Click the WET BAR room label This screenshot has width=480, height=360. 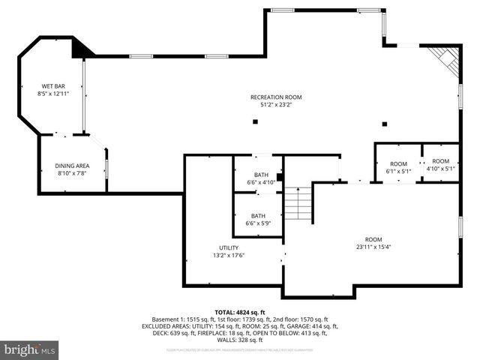click(52, 86)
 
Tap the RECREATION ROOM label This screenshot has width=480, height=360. click(276, 97)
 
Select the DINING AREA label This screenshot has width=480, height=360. click(72, 166)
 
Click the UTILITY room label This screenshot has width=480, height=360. click(229, 248)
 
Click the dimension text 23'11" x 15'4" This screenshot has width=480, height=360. click(373, 247)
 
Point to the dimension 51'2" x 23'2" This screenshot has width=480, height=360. click(276, 105)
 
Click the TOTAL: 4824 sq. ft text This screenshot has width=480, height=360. click(240, 312)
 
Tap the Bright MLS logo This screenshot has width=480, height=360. click(30, 349)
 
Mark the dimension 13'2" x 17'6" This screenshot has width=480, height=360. click(229, 256)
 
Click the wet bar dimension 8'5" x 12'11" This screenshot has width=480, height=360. click(52, 94)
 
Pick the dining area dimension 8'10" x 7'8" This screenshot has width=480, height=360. click(72, 173)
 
